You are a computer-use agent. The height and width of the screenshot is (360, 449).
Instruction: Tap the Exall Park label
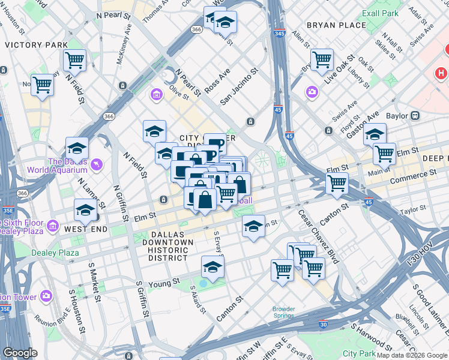click(381, 13)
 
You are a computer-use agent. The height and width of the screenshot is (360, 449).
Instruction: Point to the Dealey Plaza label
click(56, 253)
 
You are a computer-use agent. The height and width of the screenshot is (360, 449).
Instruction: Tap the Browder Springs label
click(283, 313)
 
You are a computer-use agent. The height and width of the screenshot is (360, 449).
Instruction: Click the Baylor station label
click(397, 116)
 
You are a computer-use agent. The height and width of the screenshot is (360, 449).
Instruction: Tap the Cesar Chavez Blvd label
click(318, 238)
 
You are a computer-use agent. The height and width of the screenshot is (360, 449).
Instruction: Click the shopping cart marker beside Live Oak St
click(322, 59)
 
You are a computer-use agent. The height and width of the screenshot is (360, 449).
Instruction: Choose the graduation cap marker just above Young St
click(212, 266)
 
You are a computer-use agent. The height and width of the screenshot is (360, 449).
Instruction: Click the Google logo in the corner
click(20, 352)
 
